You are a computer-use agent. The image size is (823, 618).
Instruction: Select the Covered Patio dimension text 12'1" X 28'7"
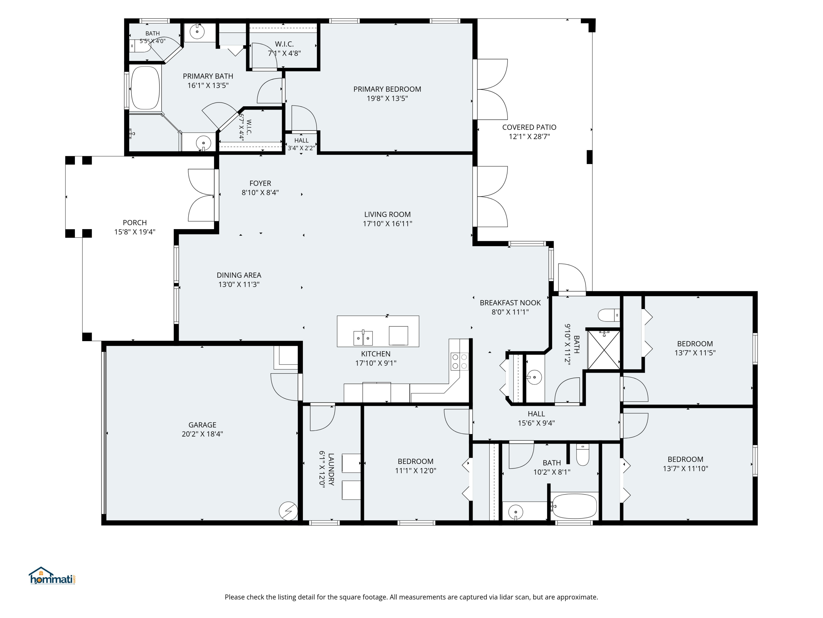click(x=529, y=136)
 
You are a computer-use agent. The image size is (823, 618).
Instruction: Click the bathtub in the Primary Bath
click(x=145, y=88)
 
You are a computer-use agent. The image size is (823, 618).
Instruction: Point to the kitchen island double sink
click(x=363, y=338)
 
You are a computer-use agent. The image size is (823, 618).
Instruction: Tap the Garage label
click(x=202, y=425)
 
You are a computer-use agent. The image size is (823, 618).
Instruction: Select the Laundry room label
click(x=331, y=469)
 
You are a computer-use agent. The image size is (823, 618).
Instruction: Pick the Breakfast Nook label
click(x=510, y=302)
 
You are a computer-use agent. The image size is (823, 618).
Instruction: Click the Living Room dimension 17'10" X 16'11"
click(x=387, y=224)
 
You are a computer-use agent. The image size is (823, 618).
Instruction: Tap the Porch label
click(x=135, y=222)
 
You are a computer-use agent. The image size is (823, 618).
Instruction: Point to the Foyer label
click(x=260, y=183)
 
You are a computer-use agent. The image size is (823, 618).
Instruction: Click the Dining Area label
click(x=239, y=275)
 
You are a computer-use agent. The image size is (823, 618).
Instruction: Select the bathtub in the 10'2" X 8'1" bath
click(x=574, y=506)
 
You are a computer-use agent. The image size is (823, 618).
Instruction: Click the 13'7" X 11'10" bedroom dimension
click(x=685, y=469)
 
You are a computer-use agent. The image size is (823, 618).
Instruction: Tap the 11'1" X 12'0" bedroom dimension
click(x=415, y=471)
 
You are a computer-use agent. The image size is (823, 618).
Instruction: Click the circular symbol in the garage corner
click(x=288, y=511)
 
